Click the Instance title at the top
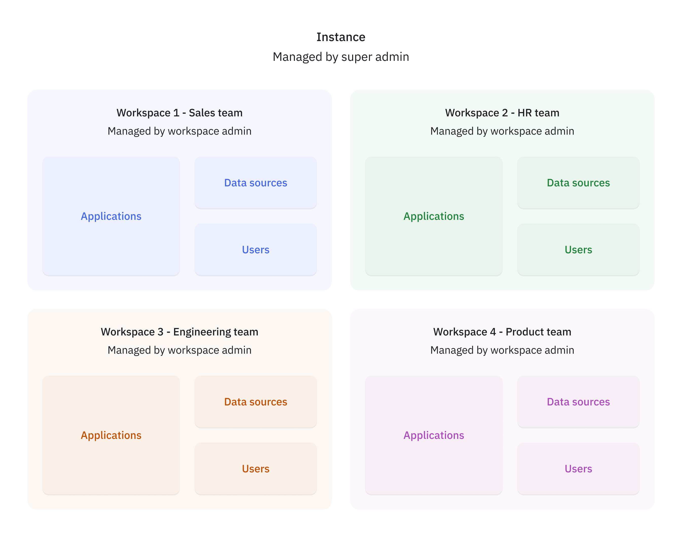click(x=341, y=37)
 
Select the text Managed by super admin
click(x=341, y=57)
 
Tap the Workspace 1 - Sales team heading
click(x=179, y=113)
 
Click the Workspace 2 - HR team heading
click(x=502, y=113)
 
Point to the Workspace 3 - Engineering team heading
click(x=179, y=332)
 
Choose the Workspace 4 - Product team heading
click(x=502, y=332)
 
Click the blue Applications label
click(x=111, y=216)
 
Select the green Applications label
click(x=434, y=216)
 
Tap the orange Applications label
click(x=111, y=435)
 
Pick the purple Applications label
click(x=434, y=435)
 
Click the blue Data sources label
click(x=255, y=183)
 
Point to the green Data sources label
click(x=578, y=183)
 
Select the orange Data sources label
click(x=255, y=402)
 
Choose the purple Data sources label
click(x=578, y=402)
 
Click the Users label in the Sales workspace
click(x=255, y=250)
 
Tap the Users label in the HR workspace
click(x=578, y=250)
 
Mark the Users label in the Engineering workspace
click(x=255, y=469)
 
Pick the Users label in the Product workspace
click(x=578, y=469)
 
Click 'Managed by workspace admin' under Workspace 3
click(x=179, y=350)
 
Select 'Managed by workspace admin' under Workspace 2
click(x=502, y=131)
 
